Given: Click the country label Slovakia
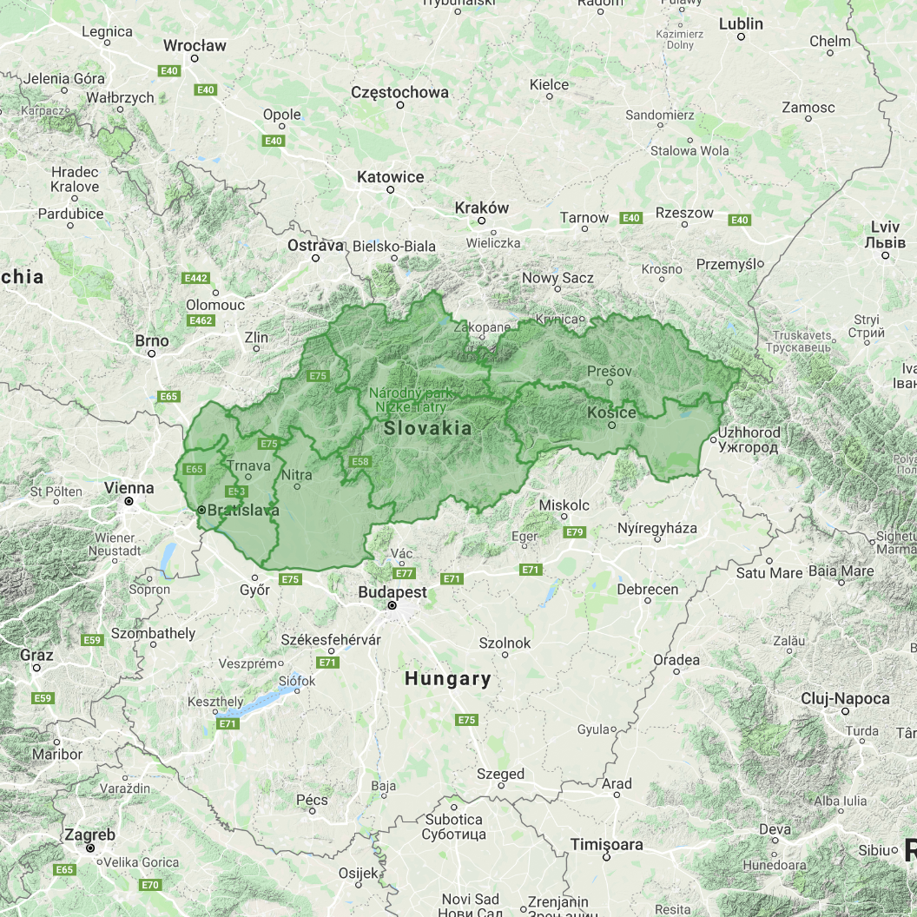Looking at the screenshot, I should [428, 428].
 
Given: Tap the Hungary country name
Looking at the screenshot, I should [447, 679].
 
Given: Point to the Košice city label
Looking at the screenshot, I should [611, 412].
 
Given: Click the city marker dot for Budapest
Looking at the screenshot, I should [393, 605].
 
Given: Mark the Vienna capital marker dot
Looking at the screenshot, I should [129, 501].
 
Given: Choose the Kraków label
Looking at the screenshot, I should [482, 208].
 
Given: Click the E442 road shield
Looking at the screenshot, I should [195, 278].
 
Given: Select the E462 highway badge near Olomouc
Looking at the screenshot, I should [201, 320].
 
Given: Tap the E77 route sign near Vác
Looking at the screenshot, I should [404, 573].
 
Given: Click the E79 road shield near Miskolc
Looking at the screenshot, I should [574, 531].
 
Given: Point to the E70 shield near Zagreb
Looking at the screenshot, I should [149, 885].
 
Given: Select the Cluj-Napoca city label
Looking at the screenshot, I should [845, 699].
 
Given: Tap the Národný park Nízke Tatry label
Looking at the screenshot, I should [411, 399].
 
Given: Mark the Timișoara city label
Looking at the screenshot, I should [607, 845].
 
